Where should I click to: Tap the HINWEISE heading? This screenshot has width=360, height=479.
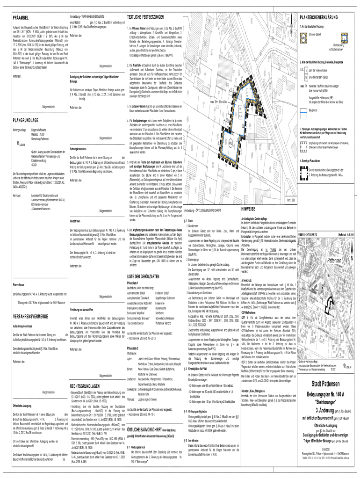(248, 209)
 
